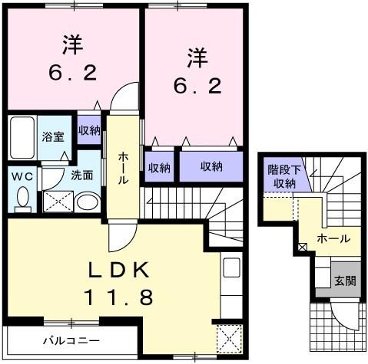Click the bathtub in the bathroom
22,136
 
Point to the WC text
21,175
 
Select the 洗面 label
82,174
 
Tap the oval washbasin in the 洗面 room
88,203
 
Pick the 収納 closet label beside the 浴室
88,130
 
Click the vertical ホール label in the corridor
123,169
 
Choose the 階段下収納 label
281,177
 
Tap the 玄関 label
344,280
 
